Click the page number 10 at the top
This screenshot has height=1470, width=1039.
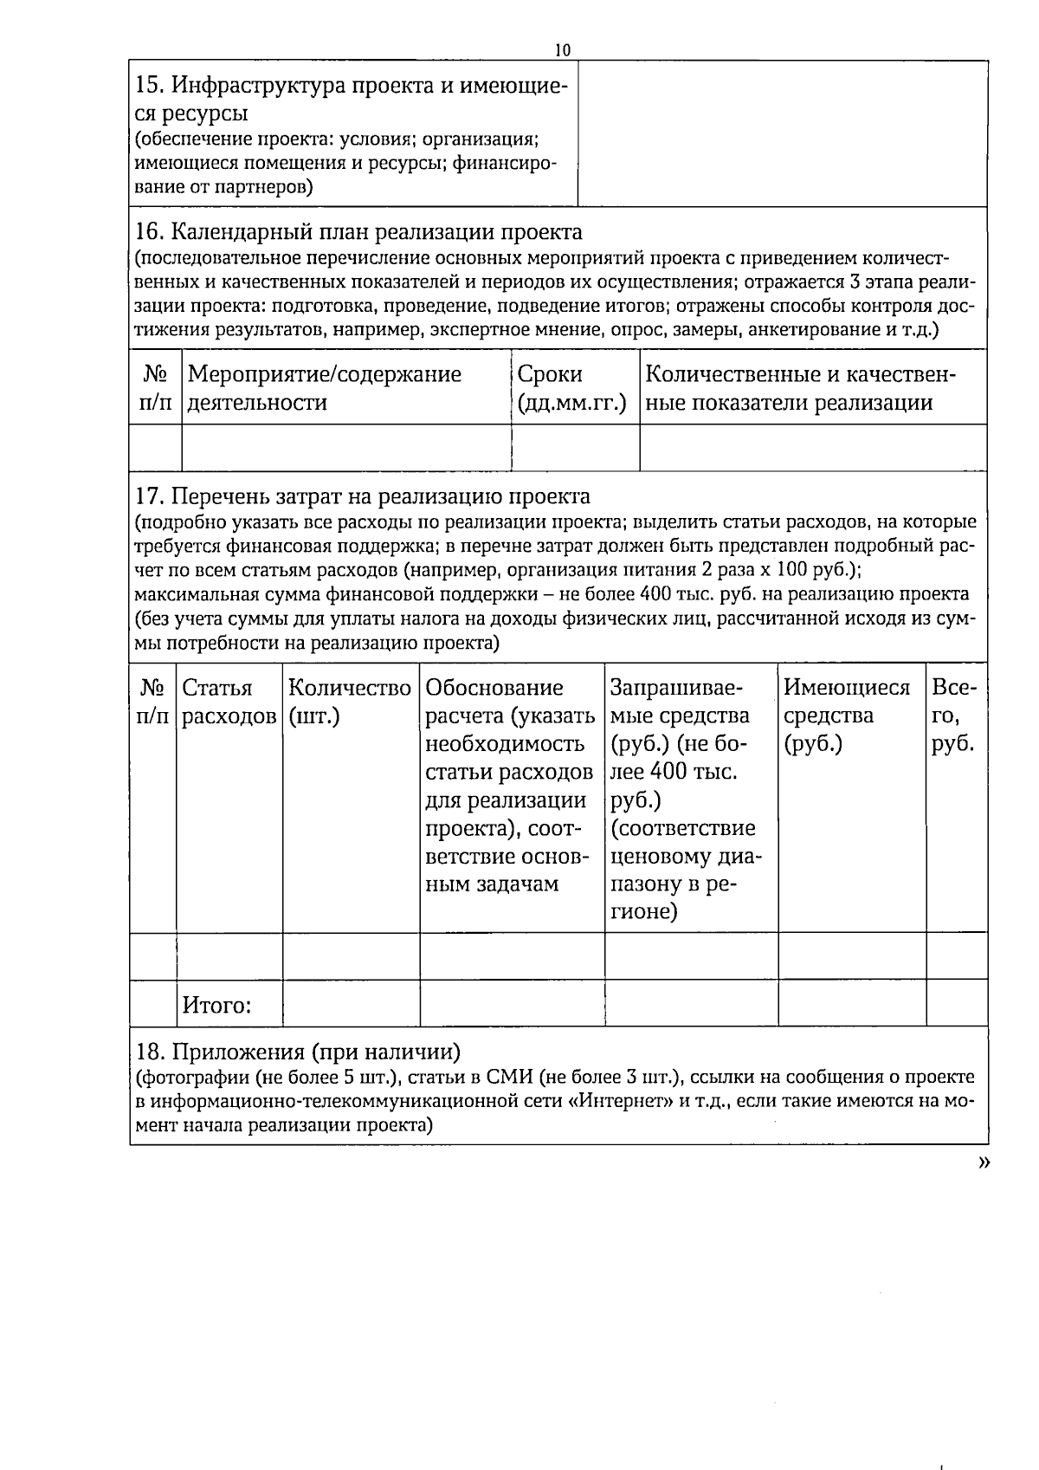[563, 50]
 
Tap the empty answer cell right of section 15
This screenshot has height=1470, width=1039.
[782, 133]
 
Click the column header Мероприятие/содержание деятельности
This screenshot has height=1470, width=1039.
[325, 388]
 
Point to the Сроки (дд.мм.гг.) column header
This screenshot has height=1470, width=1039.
[571, 388]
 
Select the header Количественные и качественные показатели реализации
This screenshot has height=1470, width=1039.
[801, 388]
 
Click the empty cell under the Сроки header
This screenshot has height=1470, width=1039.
[575, 448]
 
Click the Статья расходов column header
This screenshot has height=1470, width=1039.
[229, 702]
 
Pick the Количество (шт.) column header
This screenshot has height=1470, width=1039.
[349, 702]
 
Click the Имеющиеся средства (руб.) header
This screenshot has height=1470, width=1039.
[847, 716]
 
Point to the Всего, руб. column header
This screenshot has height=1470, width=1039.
[954, 716]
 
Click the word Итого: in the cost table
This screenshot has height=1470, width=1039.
[216, 1006]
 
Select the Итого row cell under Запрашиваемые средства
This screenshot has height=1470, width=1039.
[691, 1003]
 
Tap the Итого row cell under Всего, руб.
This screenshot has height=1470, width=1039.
[956, 1003]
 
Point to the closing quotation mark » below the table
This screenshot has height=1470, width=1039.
[983, 1164]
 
